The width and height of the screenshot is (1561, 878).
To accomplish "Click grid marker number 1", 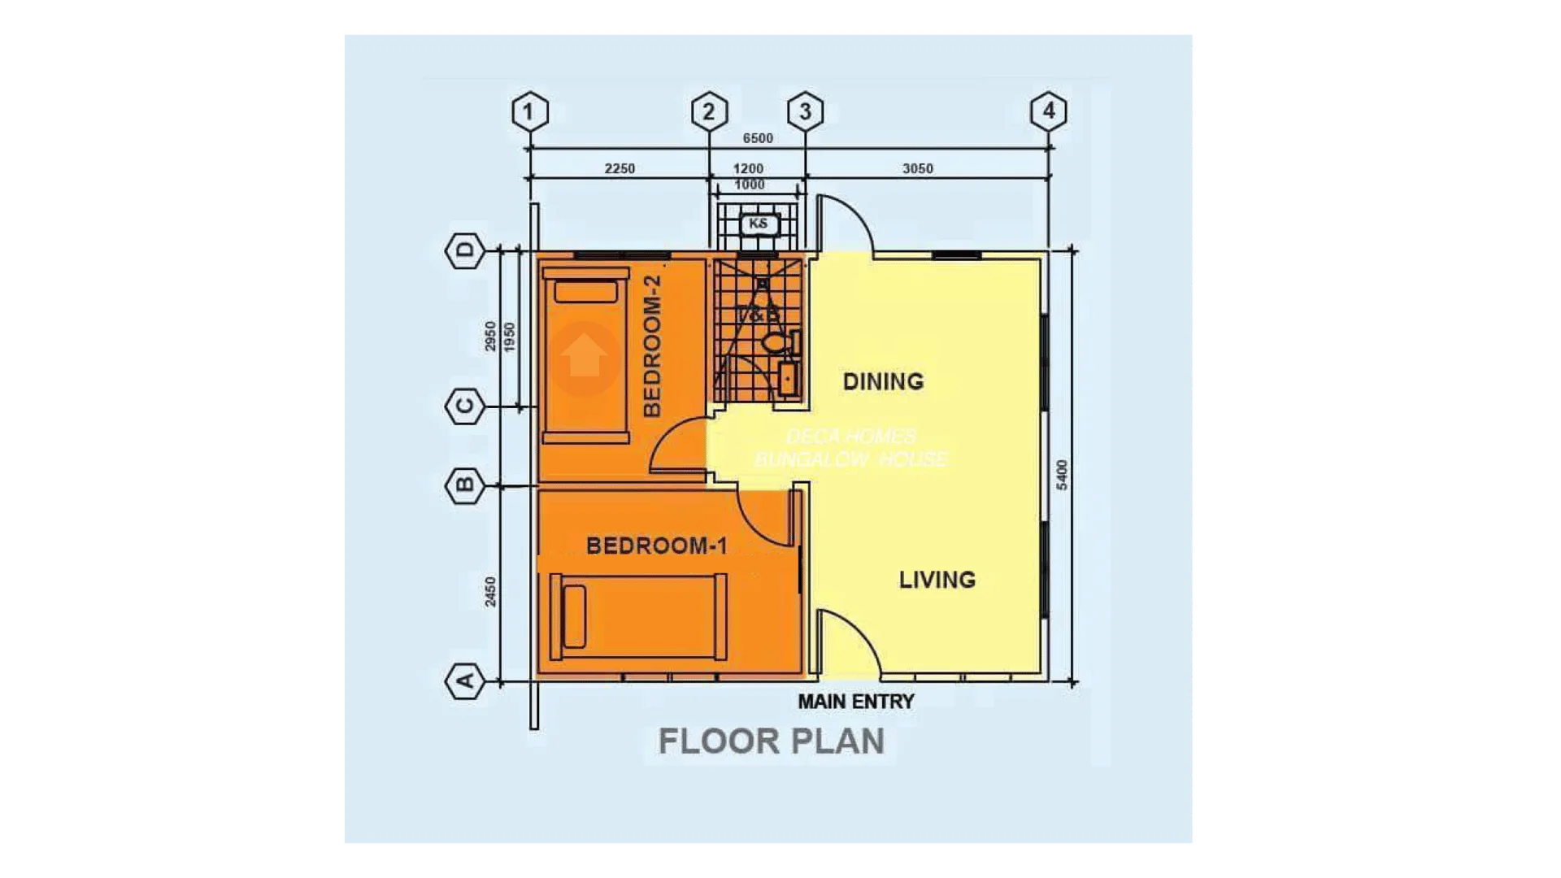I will pos(530,111).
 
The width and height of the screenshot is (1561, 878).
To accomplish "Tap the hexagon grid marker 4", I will pos(1048,111).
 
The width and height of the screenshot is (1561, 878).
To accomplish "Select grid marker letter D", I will pos(465,250).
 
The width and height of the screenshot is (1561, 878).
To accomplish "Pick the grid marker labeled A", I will pos(465,680).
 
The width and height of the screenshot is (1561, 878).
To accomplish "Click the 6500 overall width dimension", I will pos(758,138).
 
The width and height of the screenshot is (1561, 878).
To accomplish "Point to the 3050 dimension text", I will pos(917,168).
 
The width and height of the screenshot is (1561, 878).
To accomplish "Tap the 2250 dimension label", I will pos(620,168).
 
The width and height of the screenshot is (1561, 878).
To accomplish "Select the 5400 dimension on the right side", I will pos(1062,475).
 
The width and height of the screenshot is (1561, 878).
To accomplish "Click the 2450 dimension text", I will pos(490,591).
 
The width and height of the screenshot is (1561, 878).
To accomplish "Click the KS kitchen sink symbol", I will pos(759,224).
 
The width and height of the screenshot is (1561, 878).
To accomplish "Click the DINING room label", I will pos(883,381).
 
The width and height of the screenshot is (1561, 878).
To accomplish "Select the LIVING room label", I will pos(937,580).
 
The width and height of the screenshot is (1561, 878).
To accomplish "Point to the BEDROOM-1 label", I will pos(656,545).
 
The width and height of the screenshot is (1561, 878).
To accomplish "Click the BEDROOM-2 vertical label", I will pos(652,346).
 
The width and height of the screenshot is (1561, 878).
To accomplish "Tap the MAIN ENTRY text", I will pos(855,702).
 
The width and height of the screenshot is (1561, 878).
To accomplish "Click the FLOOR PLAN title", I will pos(771,741).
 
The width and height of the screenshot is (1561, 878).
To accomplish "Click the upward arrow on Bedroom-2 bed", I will pos(584,356).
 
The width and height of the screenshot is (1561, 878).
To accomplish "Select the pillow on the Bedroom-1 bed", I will pos(575,616).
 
